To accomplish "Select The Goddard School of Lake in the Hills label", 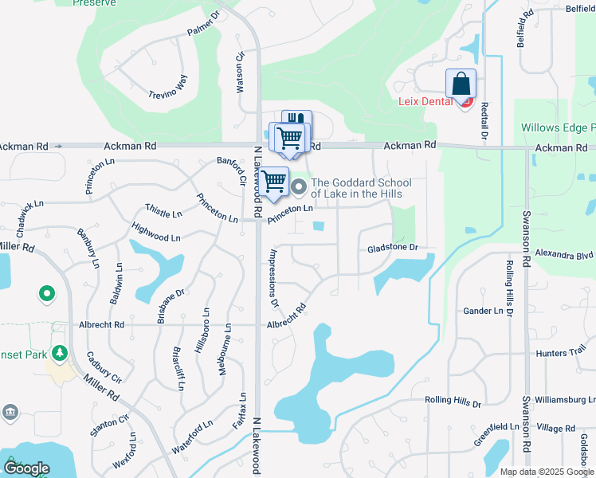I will click(x=355, y=188).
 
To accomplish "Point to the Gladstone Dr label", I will click(x=392, y=249).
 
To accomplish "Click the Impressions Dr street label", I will click(x=274, y=278).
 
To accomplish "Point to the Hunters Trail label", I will click(x=562, y=351).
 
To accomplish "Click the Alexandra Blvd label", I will click(x=564, y=255).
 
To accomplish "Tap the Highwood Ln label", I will click(x=156, y=237).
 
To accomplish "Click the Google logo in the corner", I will click(x=26, y=468).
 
